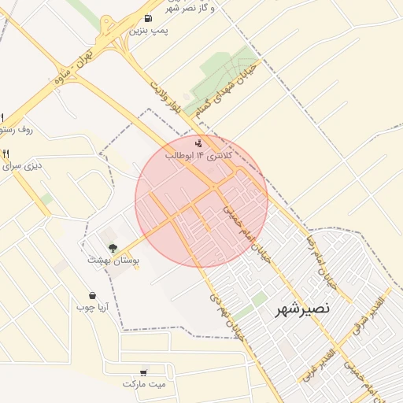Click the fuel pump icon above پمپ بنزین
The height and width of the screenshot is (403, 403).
coord(149,18)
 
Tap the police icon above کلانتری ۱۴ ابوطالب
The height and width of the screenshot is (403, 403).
coord(198,143)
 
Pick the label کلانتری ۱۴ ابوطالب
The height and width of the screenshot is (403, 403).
coord(198,156)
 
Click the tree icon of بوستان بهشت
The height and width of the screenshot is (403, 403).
coord(113,248)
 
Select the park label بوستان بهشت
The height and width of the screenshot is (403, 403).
coord(113,260)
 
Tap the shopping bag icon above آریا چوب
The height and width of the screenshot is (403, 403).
coord(92,296)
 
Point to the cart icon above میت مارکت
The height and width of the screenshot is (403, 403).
coord(142,372)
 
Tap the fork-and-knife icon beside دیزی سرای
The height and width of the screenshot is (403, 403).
coord(6,153)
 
